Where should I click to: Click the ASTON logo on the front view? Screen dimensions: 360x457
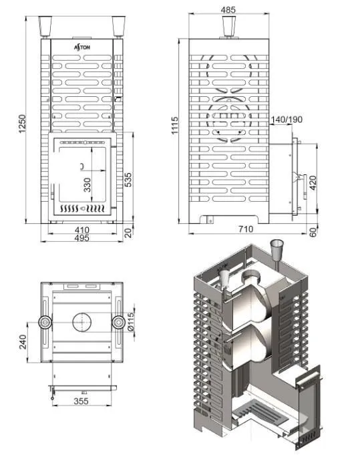82,47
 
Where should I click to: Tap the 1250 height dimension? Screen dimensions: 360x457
22,124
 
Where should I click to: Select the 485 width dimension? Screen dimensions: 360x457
228,9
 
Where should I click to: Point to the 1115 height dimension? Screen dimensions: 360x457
174,126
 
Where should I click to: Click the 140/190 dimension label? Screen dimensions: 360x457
287,119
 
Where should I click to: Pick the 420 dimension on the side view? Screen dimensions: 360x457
313,183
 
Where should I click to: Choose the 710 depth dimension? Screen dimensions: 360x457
246,229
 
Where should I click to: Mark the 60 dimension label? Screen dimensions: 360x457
313,233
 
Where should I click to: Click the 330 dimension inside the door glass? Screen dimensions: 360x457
87,185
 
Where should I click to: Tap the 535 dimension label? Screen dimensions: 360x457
128,180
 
